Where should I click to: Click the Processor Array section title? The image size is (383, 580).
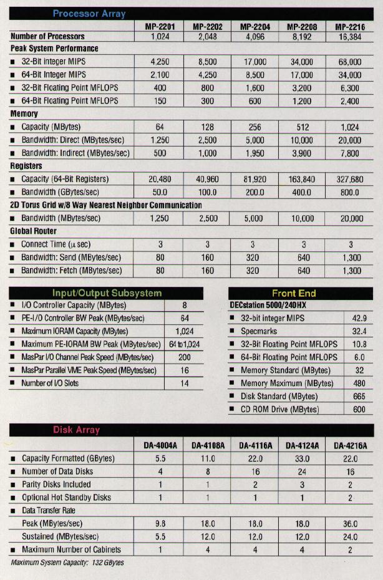coord(89,13)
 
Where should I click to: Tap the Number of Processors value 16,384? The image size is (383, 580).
coord(350,37)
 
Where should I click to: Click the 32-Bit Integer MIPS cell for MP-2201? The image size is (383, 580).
coord(160,62)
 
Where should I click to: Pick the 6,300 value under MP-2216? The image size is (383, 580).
coord(350,88)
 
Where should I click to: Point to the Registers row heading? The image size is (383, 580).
coord(26,167)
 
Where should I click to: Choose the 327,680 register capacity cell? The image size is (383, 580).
coord(350,180)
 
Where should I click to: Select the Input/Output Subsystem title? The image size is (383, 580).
coord(107,293)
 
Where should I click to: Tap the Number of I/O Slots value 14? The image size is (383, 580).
coord(184,383)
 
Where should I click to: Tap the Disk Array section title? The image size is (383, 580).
coord(76,430)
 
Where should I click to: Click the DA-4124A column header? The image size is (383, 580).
coord(303,445)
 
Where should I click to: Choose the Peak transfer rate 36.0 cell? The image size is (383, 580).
coord(350,524)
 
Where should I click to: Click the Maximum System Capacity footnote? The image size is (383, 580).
coord(67,563)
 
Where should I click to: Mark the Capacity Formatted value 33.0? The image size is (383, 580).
coord(303,458)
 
